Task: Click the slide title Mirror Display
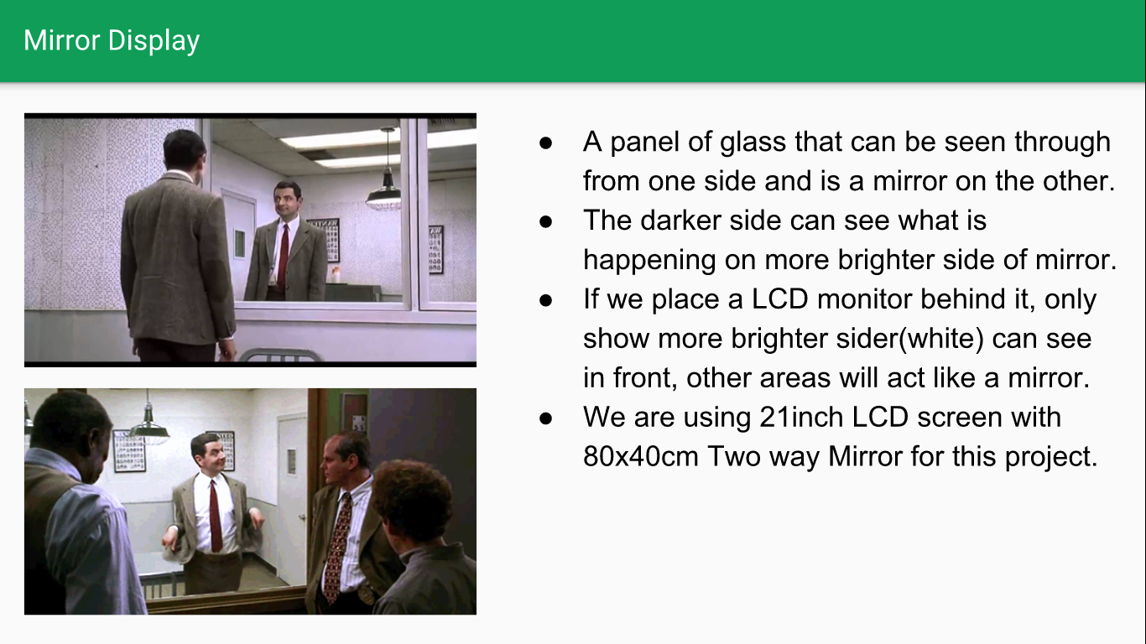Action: coord(112,40)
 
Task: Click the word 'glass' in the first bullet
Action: coord(753,142)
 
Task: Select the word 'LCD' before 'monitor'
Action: coord(779,299)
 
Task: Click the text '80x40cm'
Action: coord(640,456)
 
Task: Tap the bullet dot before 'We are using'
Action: coord(546,418)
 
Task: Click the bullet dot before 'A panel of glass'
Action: coord(546,143)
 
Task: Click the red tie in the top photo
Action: coord(283,256)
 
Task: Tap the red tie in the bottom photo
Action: coord(216,516)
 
